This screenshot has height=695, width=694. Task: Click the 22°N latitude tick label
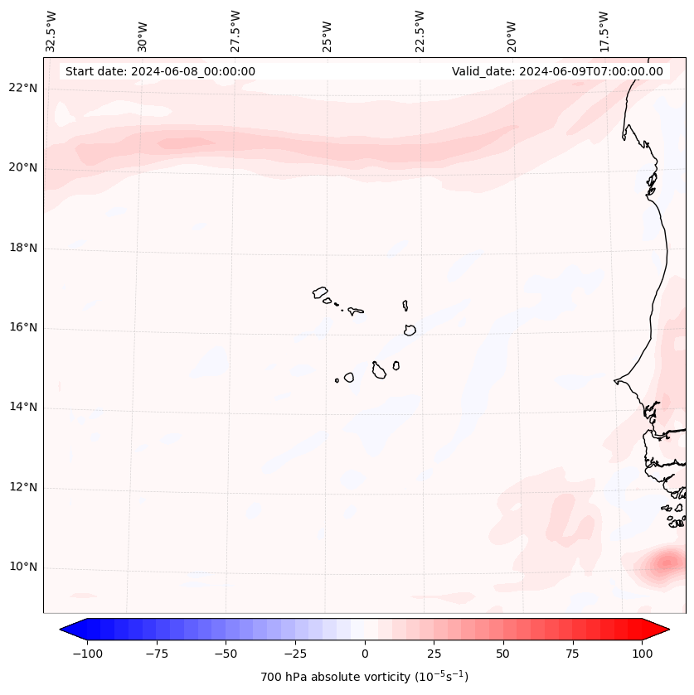(23, 89)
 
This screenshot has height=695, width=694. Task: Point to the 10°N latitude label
(23, 567)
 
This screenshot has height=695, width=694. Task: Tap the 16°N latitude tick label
(23, 328)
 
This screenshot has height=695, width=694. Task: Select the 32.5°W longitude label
(51, 31)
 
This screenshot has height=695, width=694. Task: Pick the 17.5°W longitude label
(604, 31)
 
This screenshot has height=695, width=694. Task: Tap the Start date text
(160, 71)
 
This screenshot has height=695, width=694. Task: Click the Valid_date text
(557, 71)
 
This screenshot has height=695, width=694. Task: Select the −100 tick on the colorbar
(87, 654)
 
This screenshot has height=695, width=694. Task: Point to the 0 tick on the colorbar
(365, 654)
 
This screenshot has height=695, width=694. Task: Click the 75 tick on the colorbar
(573, 654)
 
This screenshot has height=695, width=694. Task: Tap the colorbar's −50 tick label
(226, 654)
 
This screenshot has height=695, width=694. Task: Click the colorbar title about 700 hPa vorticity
(365, 677)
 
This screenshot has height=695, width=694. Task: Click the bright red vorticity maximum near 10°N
(666, 563)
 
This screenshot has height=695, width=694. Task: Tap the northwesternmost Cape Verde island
(321, 292)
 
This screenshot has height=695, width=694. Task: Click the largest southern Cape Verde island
(379, 370)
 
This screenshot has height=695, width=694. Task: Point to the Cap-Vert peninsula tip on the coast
(615, 381)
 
